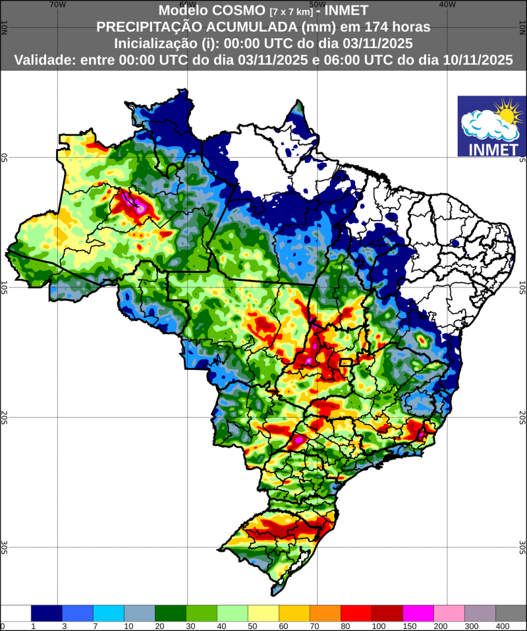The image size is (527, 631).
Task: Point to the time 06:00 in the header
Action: (x=329, y=60)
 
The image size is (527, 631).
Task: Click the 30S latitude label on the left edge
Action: (x=4, y=547)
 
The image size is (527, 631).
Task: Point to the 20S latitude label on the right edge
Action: (x=522, y=417)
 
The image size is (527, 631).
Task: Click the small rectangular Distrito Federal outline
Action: (x=346, y=362)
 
